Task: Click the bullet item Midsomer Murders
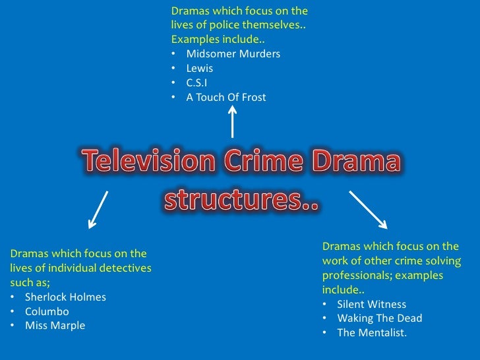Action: [x=233, y=53]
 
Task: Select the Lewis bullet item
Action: [x=200, y=68]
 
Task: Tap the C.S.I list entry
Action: [x=197, y=82]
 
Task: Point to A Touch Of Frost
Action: [x=226, y=97]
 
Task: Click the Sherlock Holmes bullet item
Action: [x=65, y=297]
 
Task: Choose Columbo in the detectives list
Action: [x=47, y=311]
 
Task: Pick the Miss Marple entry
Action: [x=55, y=326]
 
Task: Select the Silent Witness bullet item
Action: [x=371, y=305]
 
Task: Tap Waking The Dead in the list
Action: [x=379, y=318]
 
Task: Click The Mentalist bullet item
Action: [x=372, y=333]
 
